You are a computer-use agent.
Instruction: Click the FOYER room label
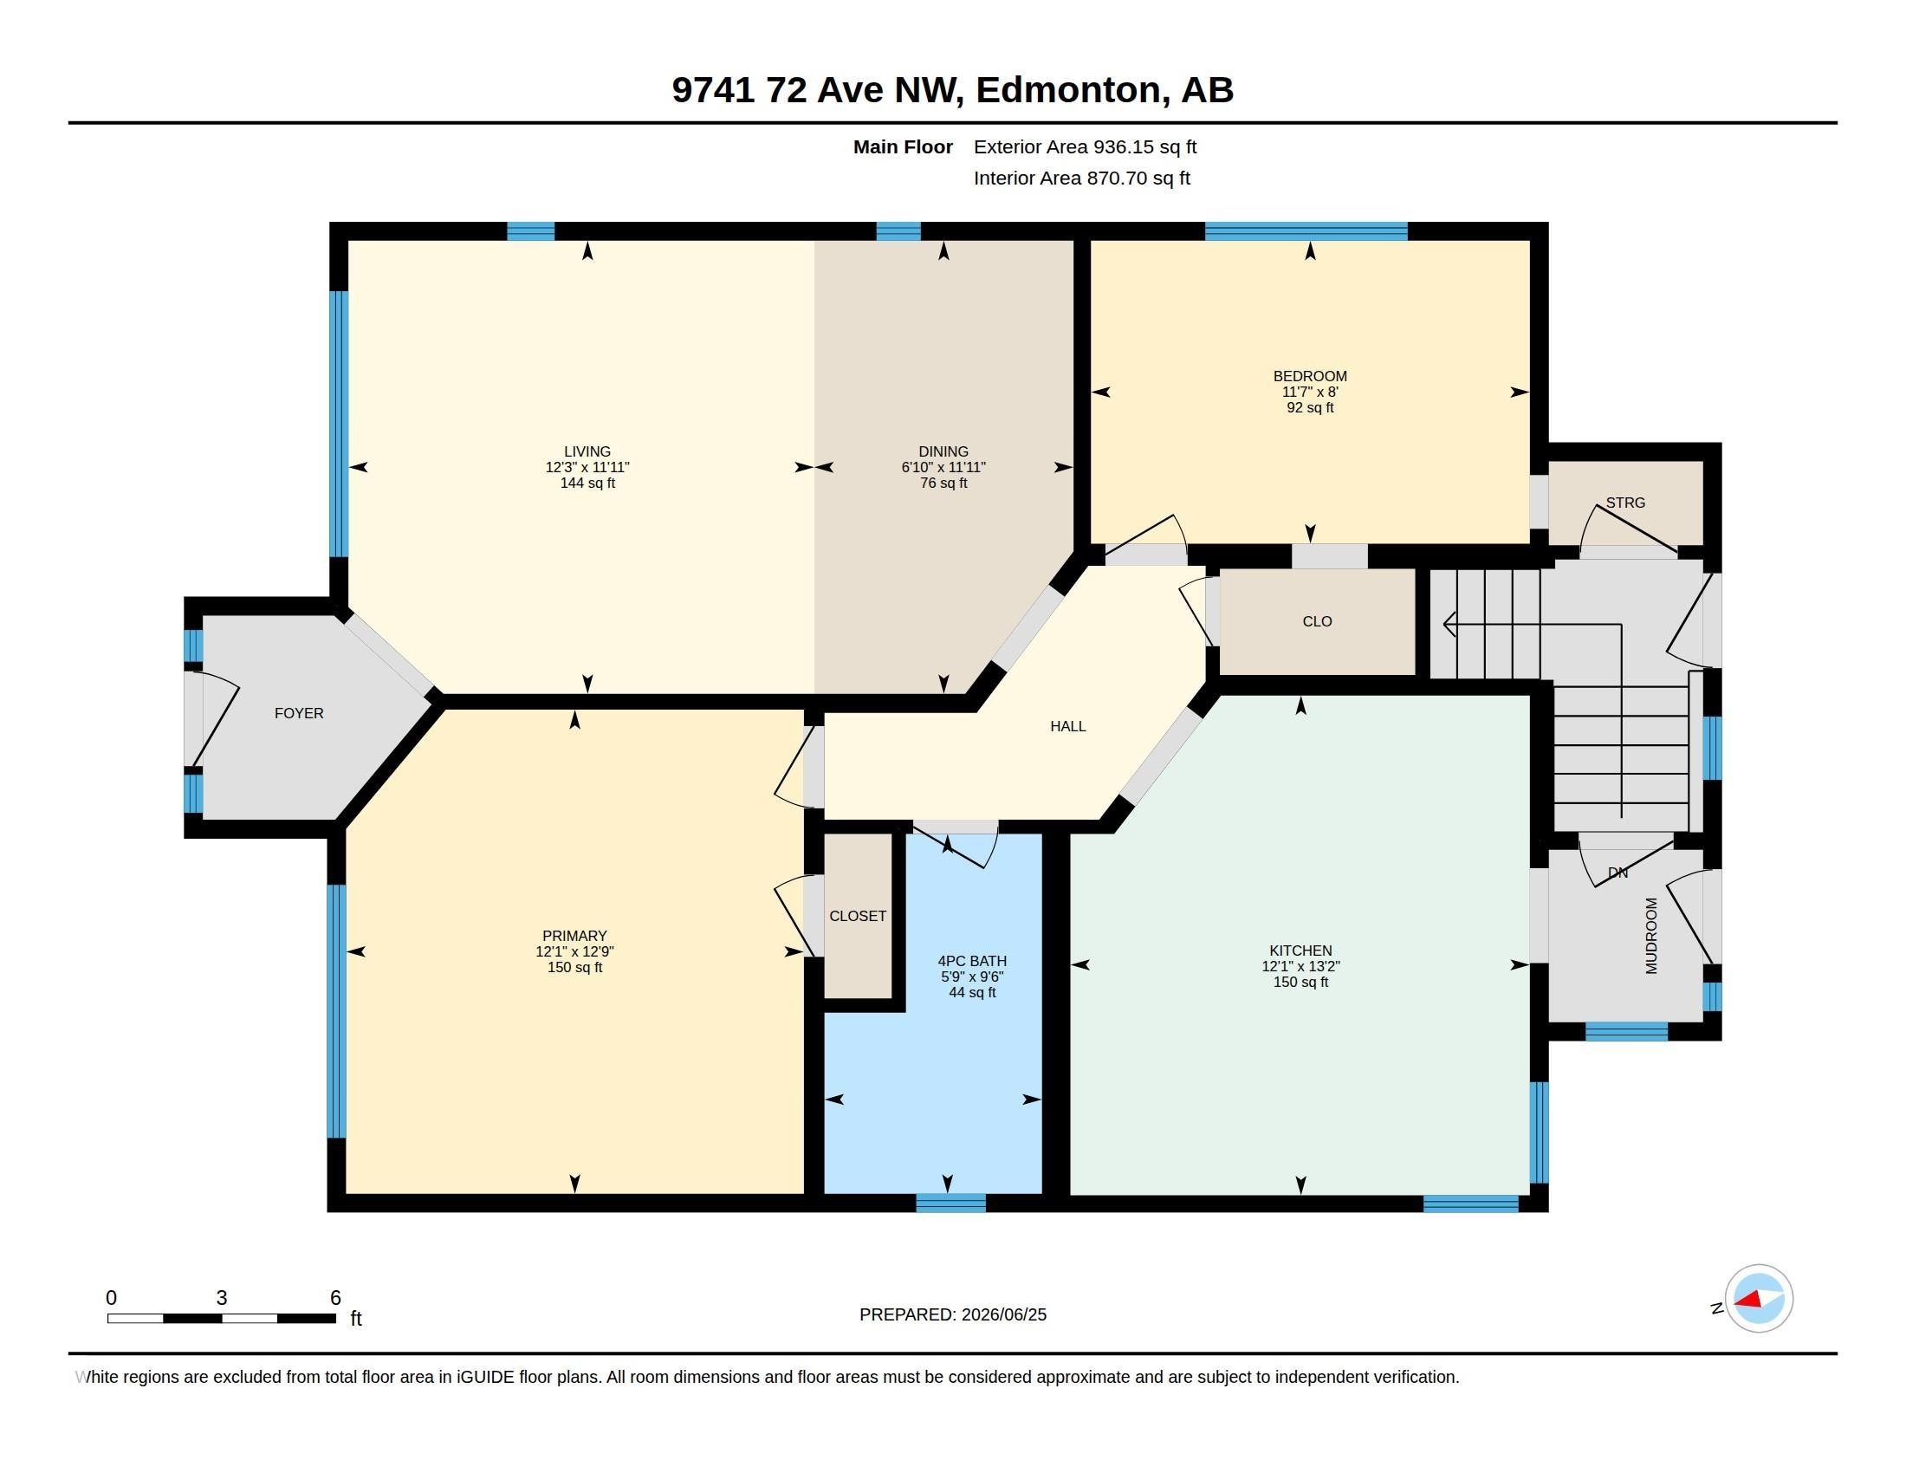click(x=299, y=713)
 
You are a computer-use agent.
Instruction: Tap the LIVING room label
click(x=587, y=452)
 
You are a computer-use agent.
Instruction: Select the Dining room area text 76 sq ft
click(x=943, y=483)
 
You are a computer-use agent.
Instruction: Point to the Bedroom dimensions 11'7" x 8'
click(x=1310, y=392)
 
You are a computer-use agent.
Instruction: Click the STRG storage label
click(x=1625, y=503)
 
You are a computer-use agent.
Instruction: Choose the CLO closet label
click(x=1317, y=621)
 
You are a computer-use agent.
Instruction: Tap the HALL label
click(x=1068, y=726)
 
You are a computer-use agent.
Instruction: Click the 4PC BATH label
click(x=972, y=961)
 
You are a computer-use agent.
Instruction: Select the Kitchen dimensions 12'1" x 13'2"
click(x=1300, y=966)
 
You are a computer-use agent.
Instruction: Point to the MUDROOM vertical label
click(x=1651, y=936)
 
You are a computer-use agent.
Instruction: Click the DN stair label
click(x=1618, y=873)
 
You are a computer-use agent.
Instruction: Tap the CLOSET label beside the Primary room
click(x=858, y=915)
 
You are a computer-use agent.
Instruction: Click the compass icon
click(x=1759, y=1299)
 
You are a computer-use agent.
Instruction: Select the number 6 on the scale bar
click(x=335, y=1298)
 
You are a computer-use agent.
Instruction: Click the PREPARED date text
click(x=953, y=1314)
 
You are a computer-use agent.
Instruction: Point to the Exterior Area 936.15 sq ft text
click(x=1085, y=146)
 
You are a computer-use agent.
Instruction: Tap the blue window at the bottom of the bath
click(x=951, y=1203)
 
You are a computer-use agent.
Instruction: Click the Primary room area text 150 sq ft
click(x=574, y=967)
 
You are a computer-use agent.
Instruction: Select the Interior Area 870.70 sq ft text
click(x=1082, y=178)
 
